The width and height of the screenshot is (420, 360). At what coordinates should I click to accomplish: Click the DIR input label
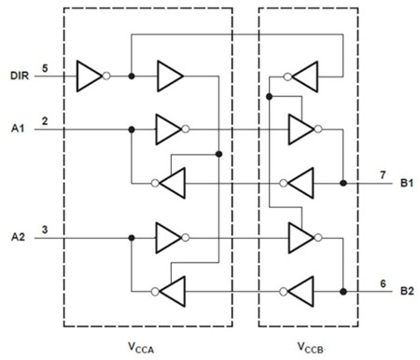pos(18,75)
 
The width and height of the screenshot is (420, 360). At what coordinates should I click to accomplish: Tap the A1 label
pos(16,129)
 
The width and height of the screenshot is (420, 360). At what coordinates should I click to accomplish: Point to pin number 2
pos(45,119)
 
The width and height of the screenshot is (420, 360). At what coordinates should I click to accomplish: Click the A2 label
pos(16,236)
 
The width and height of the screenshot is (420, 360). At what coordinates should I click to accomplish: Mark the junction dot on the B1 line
pos(343,183)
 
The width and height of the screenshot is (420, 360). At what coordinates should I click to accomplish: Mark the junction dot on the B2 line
pos(343,291)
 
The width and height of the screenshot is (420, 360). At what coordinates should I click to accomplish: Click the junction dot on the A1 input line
pos(132,129)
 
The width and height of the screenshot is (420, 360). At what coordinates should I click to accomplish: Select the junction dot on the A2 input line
pos(132,237)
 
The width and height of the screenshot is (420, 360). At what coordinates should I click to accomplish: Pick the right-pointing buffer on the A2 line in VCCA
pos(169,237)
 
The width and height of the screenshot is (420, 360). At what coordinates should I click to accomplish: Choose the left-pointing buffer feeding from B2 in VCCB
pos(301,291)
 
